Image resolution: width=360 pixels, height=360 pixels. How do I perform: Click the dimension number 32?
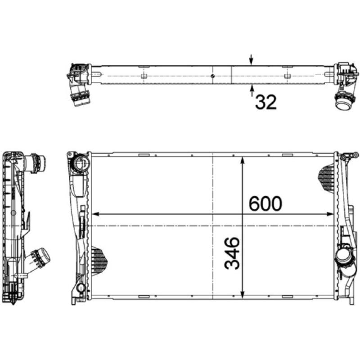(265, 102)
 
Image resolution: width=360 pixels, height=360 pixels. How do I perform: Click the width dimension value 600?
(265, 204)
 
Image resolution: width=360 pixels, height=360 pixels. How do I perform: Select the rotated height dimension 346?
(232, 254)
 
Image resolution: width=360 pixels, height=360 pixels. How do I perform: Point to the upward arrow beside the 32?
(252, 90)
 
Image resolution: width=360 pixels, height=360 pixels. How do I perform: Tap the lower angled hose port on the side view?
(40, 257)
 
